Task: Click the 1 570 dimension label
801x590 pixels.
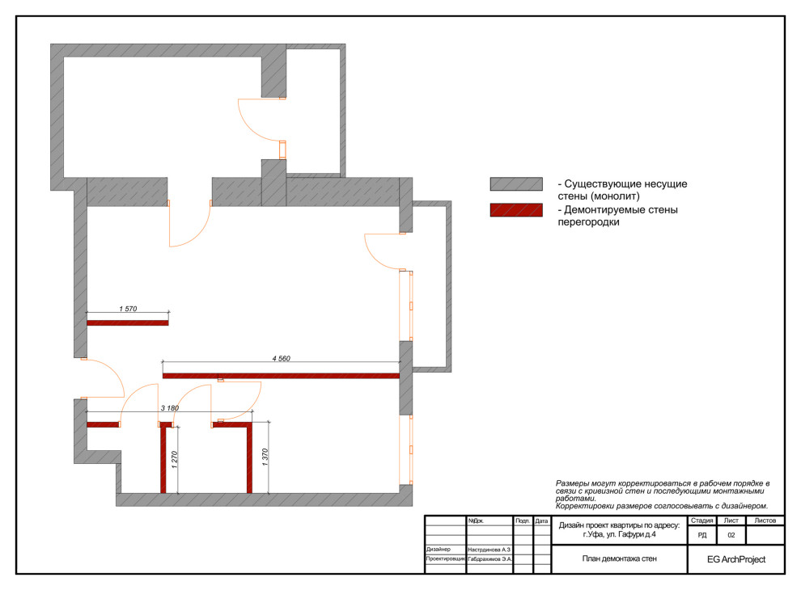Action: pyautogui.click(x=128, y=309)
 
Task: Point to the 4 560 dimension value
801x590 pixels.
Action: pyautogui.click(x=281, y=359)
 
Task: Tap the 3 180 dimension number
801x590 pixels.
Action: pyautogui.click(x=170, y=408)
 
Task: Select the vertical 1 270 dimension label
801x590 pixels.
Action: pyautogui.click(x=174, y=459)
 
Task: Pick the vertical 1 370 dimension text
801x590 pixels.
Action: pyautogui.click(x=265, y=457)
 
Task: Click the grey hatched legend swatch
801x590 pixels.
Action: pyautogui.click(x=516, y=184)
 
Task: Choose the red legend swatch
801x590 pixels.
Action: pyautogui.click(x=516, y=210)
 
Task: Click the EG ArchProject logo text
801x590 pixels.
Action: pyautogui.click(x=736, y=559)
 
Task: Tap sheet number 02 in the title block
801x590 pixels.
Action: pyautogui.click(x=731, y=535)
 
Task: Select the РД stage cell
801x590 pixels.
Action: pyautogui.click(x=702, y=535)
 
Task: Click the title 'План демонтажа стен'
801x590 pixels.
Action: pyautogui.click(x=619, y=558)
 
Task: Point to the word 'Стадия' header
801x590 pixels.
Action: pyautogui.click(x=702, y=520)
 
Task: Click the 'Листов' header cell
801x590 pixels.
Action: pyautogui.click(x=765, y=520)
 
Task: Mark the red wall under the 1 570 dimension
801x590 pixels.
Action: pyautogui.click(x=127, y=322)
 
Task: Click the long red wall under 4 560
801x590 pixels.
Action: pyautogui.click(x=281, y=376)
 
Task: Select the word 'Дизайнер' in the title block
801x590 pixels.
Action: pyautogui.click(x=439, y=549)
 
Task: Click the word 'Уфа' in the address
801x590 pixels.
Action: pyautogui.click(x=595, y=534)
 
